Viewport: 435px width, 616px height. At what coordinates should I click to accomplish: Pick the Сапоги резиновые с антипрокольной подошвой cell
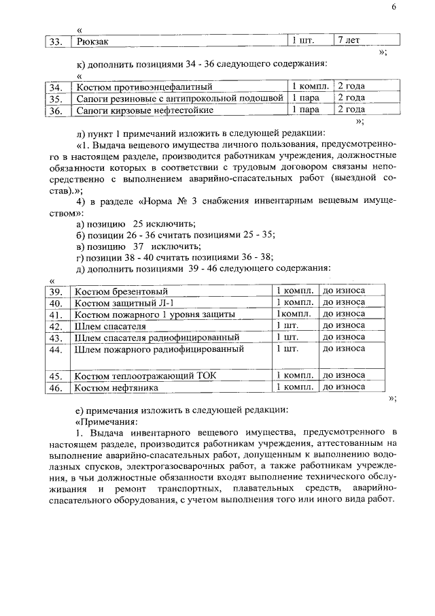point(179,99)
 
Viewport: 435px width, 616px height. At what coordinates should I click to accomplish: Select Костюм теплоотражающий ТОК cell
point(145,376)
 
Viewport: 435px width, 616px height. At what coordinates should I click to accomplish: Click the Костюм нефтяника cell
point(116,387)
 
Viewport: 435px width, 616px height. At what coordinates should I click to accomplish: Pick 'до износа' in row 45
point(343,375)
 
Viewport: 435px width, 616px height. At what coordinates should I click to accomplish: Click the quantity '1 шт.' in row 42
point(288,326)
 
